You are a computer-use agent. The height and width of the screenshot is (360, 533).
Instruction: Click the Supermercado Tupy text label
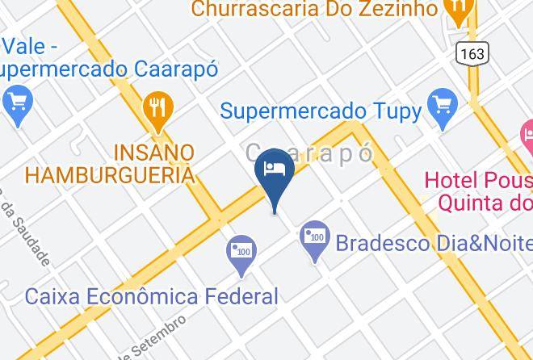click(x=321, y=111)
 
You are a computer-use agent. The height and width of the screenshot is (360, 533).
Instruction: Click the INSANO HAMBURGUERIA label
click(x=111, y=163)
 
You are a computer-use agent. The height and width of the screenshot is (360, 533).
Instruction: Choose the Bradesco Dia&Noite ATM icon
click(x=314, y=238)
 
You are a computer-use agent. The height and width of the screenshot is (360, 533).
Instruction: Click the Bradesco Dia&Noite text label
click(x=433, y=242)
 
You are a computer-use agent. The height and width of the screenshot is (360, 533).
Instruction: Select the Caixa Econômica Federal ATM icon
click(x=241, y=252)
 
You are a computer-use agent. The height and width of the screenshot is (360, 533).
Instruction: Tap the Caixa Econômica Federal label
click(x=152, y=296)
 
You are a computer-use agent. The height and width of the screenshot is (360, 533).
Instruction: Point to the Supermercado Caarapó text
click(x=109, y=69)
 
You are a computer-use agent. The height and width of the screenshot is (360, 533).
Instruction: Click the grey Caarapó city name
click(x=309, y=153)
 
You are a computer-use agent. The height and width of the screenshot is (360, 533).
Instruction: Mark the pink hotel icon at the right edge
click(x=527, y=132)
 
